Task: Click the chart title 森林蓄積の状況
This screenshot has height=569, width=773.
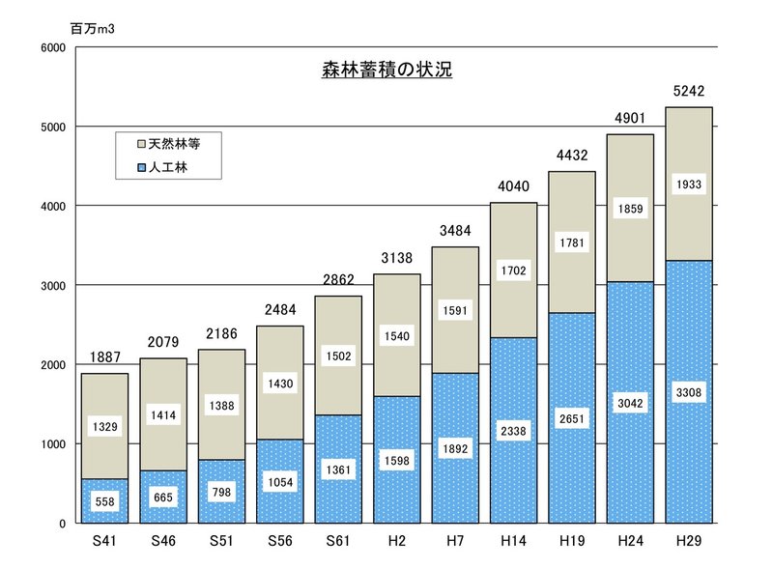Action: coord(386,71)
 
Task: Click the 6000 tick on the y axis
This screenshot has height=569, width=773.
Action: coord(53,47)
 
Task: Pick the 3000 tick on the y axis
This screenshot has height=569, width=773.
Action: coord(53,286)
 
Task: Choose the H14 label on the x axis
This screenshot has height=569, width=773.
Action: coord(514,542)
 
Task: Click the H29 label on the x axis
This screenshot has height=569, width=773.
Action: coord(689,542)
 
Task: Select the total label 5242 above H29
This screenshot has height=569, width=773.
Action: coord(689,93)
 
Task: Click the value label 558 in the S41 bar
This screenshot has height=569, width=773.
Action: coord(104,501)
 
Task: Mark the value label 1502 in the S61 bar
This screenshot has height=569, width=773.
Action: coord(338,356)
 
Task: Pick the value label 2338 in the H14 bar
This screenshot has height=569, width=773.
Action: coord(514,430)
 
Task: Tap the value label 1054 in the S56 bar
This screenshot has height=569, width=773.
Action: coord(280,482)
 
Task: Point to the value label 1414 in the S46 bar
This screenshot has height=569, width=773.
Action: coord(163,416)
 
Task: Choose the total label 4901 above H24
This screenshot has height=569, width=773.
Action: coord(630,120)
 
